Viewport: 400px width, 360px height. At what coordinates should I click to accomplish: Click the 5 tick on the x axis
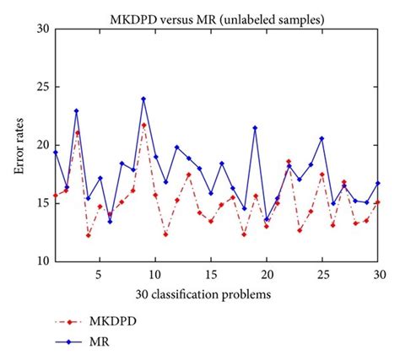[99, 274]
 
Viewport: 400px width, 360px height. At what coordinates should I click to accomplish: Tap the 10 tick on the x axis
[154, 274]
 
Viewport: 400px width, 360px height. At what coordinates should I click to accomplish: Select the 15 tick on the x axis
[211, 274]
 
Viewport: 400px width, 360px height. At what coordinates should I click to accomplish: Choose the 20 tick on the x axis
[267, 274]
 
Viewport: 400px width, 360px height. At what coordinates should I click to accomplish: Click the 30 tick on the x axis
[379, 274]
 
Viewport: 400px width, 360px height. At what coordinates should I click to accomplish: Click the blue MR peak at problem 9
[143, 99]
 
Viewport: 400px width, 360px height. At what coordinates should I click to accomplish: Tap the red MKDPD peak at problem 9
[143, 125]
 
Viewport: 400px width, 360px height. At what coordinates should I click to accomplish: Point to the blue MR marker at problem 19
[255, 128]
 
